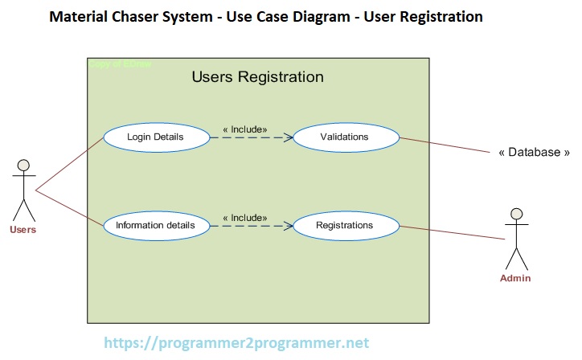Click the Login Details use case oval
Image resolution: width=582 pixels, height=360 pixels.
coord(156,137)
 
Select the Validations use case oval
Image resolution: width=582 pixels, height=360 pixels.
coord(345,137)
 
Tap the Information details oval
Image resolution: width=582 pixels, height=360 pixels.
coord(156,225)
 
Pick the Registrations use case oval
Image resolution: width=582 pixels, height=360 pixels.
coord(345,225)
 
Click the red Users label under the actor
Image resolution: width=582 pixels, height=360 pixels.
coord(23,230)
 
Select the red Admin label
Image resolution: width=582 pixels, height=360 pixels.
coord(515,278)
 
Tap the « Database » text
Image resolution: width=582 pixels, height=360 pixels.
coord(535,152)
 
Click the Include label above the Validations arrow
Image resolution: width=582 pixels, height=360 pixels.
coord(244,129)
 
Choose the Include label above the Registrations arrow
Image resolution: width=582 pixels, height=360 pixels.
coord(244,217)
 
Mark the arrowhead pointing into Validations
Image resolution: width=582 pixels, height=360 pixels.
coord(288,137)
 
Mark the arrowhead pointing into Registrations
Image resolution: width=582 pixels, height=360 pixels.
coord(288,226)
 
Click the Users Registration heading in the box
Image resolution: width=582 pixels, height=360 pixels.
coord(257,77)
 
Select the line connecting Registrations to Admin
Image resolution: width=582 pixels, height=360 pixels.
coord(452,232)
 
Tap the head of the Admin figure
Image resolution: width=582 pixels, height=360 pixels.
coord(516,215)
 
